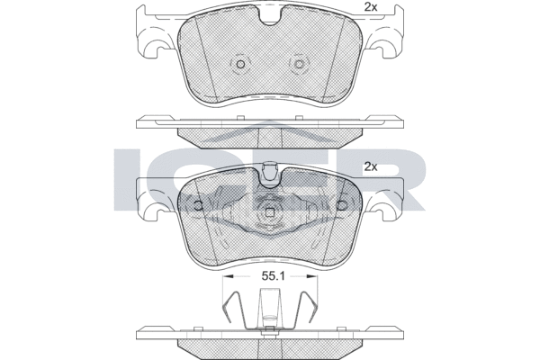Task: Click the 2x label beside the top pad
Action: (x=371, y=7)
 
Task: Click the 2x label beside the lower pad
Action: (x=371, y=167)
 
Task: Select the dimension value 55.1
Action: (x=273, y=276)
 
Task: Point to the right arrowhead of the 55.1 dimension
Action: (x=312, y=276)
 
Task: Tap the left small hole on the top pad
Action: (x=240, y=64)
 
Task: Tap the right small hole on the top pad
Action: (x=300, y=64)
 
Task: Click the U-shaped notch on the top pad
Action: (x=270, y=18)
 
